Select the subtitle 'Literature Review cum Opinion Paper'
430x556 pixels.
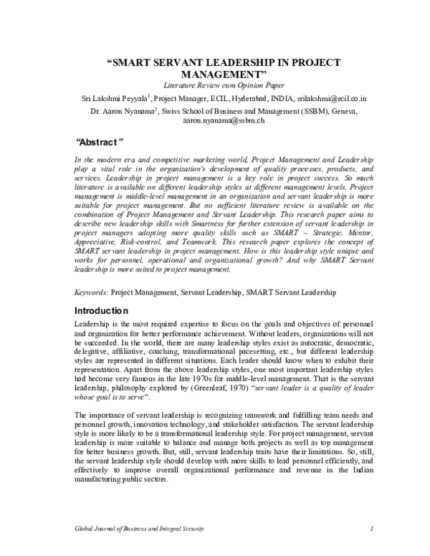tap(214, 85)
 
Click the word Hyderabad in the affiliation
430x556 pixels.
tap(237, 97)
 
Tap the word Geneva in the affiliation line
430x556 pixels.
tap(342, 111)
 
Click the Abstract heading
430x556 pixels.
tap(100, 140)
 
